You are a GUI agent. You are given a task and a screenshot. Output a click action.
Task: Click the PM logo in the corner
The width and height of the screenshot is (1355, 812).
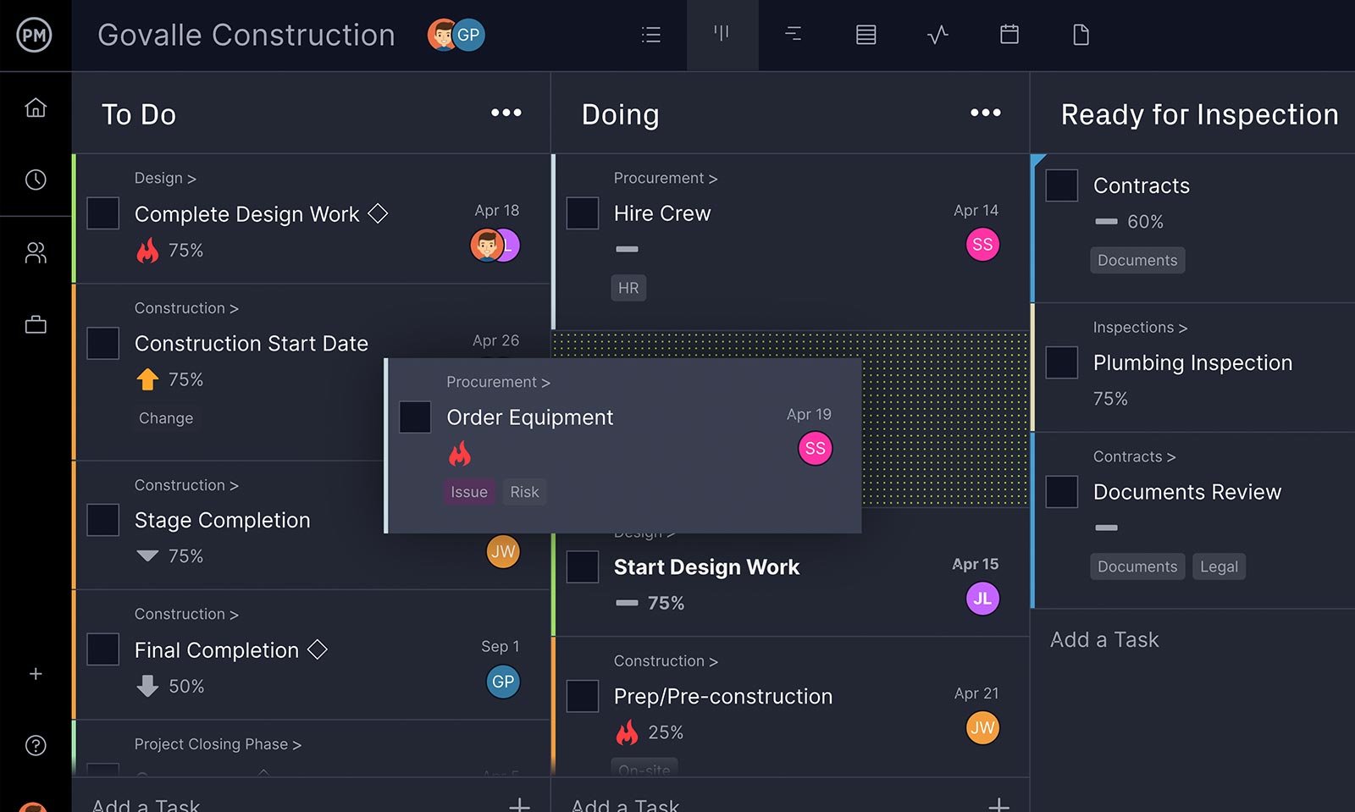(x=35, y=35)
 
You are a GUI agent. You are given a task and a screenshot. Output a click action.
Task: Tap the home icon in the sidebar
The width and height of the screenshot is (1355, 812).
(x=36, y=108)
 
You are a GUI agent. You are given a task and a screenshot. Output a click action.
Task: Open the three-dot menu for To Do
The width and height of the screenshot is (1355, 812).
(x=506, y=113)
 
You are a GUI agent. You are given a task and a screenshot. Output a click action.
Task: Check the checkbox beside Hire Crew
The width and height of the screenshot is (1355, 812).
(x=583, y=213)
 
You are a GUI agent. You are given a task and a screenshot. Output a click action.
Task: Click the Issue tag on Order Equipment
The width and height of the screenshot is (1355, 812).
(x=468, y=492)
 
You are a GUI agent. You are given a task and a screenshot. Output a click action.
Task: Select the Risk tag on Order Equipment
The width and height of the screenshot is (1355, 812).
(x=524, y=492)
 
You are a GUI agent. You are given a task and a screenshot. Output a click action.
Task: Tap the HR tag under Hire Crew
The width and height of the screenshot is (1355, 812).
(x=628, y=288)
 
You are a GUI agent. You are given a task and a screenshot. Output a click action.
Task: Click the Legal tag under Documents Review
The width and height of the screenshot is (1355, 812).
(x=1219, y=566)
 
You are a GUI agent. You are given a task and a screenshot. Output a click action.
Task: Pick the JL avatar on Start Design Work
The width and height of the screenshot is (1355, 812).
(x=982, y=599)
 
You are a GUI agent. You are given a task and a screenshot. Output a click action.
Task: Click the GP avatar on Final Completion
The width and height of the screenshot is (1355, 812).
(x=503, y=682)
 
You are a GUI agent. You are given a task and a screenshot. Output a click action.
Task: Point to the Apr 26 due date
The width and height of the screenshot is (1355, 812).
(x=495, y=340)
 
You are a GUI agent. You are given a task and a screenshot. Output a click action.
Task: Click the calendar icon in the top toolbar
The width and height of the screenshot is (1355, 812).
(x=1009, y=35)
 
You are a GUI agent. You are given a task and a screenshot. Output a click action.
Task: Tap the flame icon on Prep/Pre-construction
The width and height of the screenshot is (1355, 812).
(x=627, y=732)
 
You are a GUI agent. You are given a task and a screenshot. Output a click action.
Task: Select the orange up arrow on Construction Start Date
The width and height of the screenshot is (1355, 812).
(x=147, y=379)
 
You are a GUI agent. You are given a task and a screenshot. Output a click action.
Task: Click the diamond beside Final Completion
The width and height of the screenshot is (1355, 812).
(x=318, y=649)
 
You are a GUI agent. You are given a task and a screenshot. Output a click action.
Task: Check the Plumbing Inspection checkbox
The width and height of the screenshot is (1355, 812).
(x=1062, y=362)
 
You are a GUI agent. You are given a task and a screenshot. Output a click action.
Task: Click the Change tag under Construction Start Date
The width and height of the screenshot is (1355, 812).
(x=166, y=418)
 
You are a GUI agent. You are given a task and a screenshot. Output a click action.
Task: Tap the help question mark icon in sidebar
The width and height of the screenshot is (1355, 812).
(x=36, y=745)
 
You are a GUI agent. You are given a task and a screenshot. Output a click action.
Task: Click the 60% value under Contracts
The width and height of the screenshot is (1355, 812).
(x=1145, y=222)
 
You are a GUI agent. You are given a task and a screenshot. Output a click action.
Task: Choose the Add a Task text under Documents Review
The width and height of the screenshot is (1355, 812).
(x=1104, y=640)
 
